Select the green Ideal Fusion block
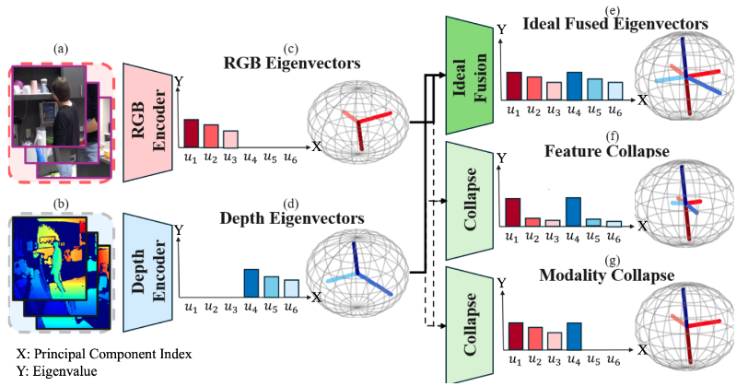[471, 76]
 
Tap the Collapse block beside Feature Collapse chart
[471, 196]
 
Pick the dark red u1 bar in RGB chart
[191, 133]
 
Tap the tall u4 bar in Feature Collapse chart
[573, 211]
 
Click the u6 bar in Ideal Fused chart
[615, 89]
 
